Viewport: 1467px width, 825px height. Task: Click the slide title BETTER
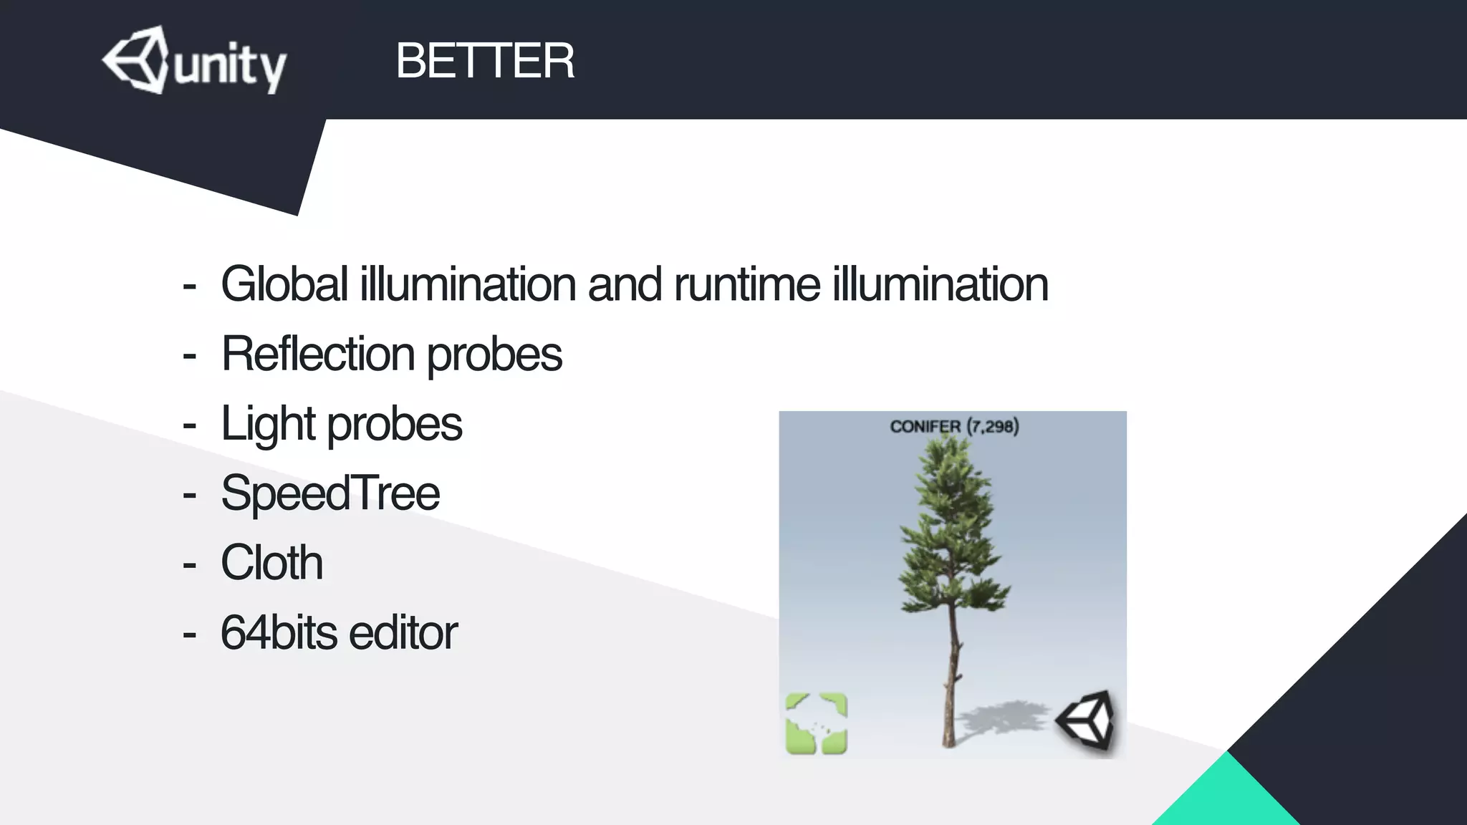(485, 61)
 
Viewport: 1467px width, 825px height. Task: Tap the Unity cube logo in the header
(136, 60)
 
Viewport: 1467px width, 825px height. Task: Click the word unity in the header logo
(229, 66)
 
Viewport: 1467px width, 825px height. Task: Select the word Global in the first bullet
(284, 284)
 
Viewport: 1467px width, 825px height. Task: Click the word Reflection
(318, 354)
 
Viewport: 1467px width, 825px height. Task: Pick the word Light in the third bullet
(268, 424)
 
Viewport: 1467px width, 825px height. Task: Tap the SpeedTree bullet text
(330, 493)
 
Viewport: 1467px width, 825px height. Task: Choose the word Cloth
(271, 563)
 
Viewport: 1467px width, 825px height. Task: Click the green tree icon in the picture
(817, 723)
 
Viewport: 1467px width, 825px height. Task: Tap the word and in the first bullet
(625, 284)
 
